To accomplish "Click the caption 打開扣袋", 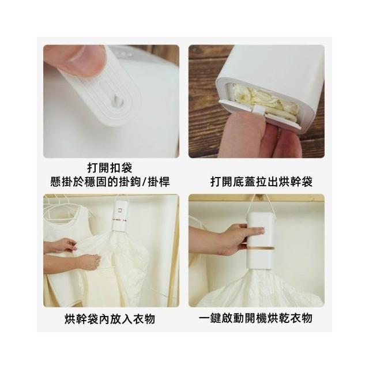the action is click(110, 168).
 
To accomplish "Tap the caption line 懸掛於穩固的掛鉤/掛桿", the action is click(110, 182).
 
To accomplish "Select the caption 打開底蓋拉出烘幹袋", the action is click(261, 182).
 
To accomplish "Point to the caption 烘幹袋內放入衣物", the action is click(110, 319).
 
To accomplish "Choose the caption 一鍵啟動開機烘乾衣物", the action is click(255, 318).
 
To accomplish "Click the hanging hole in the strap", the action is click(119, 101).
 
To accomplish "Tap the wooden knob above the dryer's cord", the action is click(258, 197).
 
